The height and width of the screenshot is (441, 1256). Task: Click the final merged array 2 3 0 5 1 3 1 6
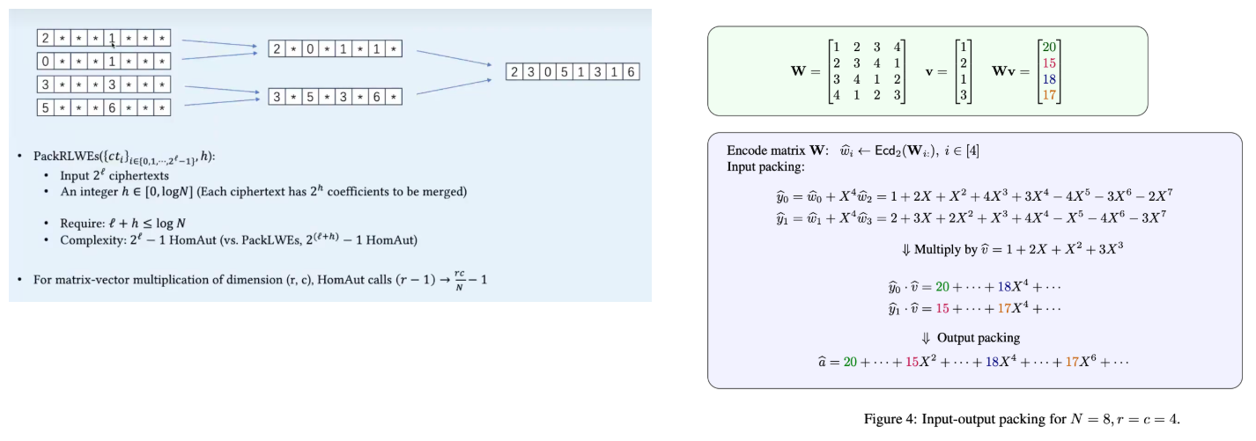click(x=573, y=72)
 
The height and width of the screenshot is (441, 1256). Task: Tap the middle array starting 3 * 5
click(x=335, y=95)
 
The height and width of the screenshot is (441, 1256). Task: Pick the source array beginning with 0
click(x=104, y=62)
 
